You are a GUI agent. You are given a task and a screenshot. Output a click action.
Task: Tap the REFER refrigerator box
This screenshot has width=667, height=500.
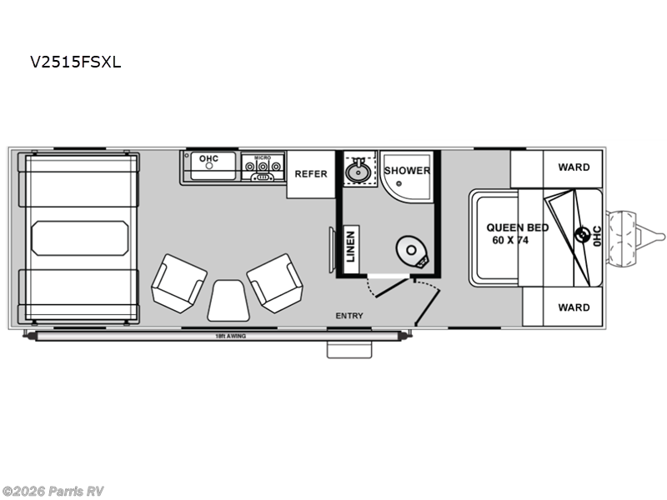click(311, 174)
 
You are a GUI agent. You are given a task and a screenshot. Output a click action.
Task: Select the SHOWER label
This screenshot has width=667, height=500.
click(407, 170)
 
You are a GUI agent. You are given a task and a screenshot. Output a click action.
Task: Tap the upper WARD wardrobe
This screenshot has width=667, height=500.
click(574, 167)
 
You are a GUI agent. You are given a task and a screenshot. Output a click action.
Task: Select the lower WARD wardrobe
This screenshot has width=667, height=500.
click(574, 307)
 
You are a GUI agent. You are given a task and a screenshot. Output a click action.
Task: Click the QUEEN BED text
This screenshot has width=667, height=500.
click(518, 227)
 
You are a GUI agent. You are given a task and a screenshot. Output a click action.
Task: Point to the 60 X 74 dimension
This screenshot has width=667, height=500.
click(511, 240)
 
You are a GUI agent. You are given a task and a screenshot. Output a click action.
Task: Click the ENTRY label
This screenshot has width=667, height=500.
click(349, 316)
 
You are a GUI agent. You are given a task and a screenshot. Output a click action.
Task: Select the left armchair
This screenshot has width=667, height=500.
click(178, 282)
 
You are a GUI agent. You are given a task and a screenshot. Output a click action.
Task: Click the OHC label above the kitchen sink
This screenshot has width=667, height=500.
click(208, 157)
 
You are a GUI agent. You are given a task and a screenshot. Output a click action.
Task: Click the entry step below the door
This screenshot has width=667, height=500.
click(349, 348)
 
